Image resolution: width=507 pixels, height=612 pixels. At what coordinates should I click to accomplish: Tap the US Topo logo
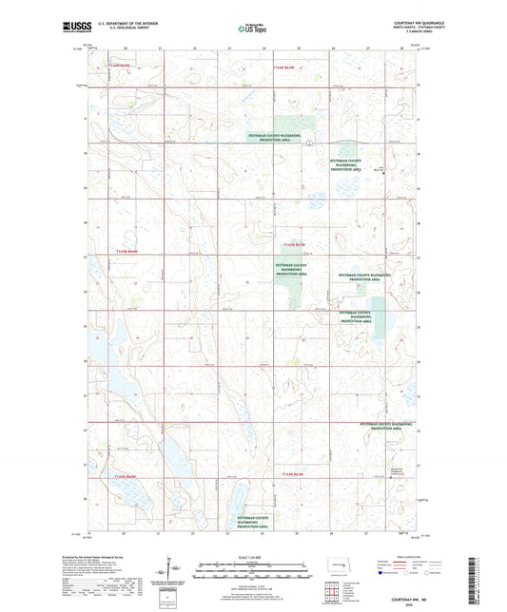tap(252, 29)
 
